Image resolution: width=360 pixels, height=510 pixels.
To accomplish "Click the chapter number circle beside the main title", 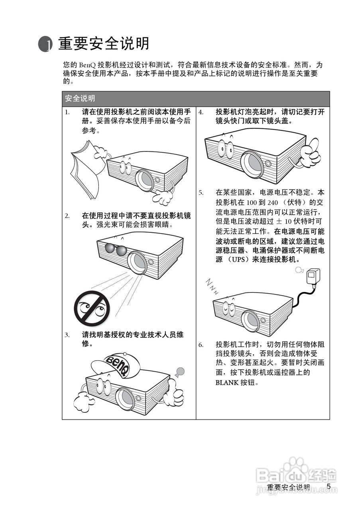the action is (x=45, y=44).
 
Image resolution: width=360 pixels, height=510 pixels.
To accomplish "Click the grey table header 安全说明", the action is (x=195, y=98).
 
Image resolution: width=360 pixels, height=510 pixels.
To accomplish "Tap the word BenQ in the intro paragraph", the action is (x=87, y=65).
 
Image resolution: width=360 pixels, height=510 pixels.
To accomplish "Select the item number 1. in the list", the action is (x=67, y=112).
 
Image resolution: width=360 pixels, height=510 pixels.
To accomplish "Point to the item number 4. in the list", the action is (x=201, y=112).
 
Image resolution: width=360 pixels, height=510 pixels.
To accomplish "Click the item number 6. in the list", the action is (x=201, y=345).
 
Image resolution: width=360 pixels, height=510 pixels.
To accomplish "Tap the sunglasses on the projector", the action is (x=116, y=249).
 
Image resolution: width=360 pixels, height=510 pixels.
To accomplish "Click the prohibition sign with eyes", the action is (x=92, y=309).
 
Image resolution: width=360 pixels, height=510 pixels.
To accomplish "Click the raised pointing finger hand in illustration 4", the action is (x=310, y=151).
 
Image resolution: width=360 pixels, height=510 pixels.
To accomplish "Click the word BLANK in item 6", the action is (x=227, y=383).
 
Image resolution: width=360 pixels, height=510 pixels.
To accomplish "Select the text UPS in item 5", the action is (x=238, y=259).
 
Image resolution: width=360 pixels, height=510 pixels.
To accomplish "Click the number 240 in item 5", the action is (x=273, y=202).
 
